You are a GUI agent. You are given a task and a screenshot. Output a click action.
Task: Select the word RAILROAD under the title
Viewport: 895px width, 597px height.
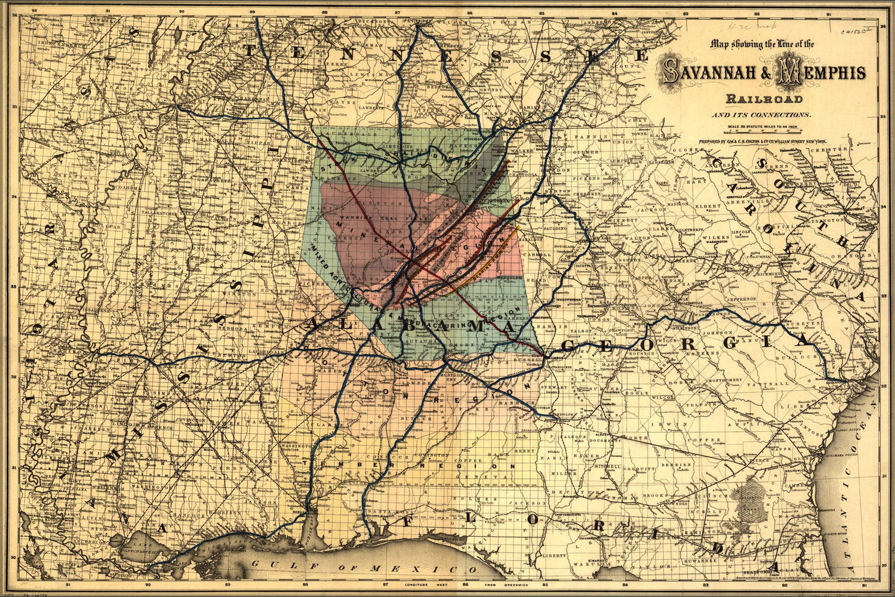[x=764, y=99]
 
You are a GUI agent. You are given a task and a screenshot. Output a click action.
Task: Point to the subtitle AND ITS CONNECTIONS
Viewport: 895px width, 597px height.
[x=764, y=114]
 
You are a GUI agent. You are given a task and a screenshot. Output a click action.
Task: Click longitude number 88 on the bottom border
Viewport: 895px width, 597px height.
[x=305, y=586]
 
